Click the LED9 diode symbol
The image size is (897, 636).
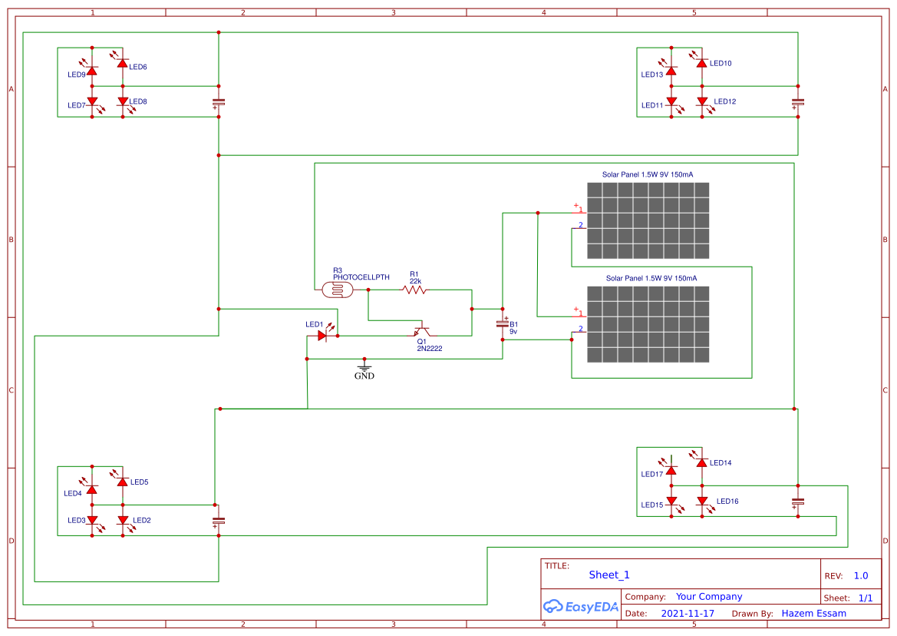click(x=91, y=71)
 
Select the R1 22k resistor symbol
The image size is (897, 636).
click(x=414, y=290)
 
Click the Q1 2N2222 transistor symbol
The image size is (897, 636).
click(x=420, y=331)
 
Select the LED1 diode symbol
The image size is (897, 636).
click(x=323, y=336)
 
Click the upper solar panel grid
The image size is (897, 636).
click(x=648, y=220)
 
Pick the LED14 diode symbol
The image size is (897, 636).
click(x=701, y=462)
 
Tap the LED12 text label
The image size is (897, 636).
click(x=725, y=101)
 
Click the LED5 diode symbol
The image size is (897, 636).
click(x=122, y=481)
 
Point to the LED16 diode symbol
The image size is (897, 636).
click(x=701, y=501)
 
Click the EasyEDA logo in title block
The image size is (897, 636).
click(x=580, y=606)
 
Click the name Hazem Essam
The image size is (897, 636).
click(x=813, y=613)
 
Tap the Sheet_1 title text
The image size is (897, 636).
click(x=609, y=575)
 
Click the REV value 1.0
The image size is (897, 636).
click(x=861, y=575)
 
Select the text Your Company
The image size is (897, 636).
click(x=709, y=596)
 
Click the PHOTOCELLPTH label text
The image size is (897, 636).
click(x=361, y=277)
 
